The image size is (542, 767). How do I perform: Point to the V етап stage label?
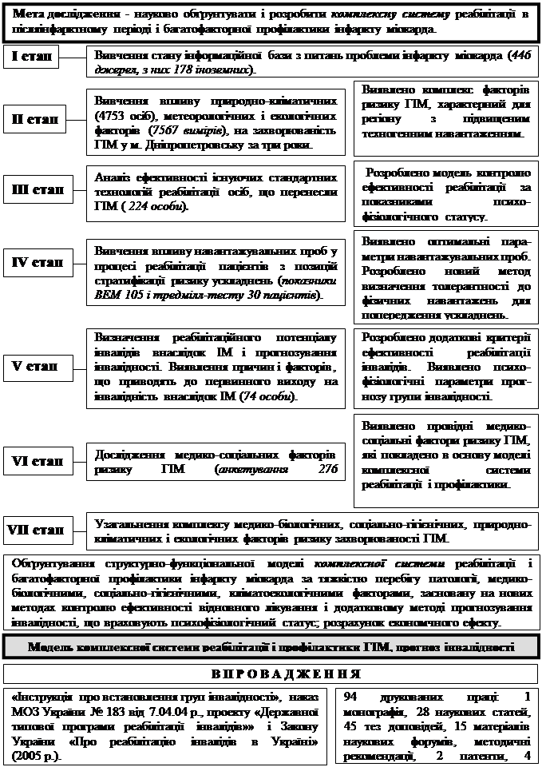pyautogui.click(x=35, y=367)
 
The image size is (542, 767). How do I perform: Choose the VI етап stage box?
pyautogui.click(x=38, y=462)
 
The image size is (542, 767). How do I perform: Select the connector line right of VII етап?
pyautogui.click(x=80, y=529)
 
